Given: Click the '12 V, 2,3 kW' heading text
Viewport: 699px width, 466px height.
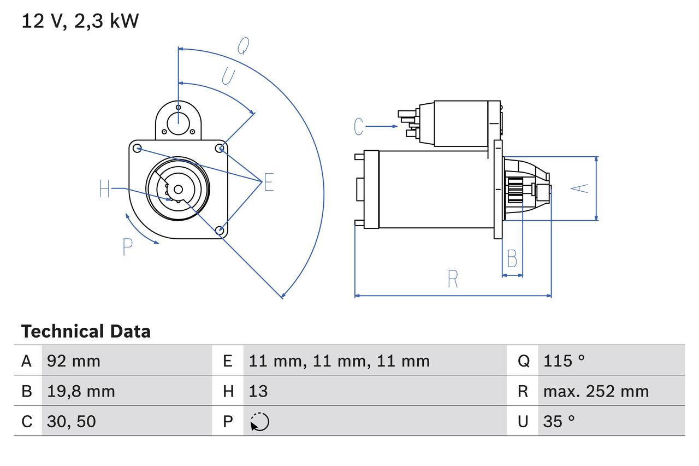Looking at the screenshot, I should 80,21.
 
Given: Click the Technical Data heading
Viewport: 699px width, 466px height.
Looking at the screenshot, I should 86,331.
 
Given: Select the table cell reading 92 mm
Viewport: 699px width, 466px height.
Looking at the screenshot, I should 74,361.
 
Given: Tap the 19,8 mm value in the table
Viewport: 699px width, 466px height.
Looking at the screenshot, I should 81,391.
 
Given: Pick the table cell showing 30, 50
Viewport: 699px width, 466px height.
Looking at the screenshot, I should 72,421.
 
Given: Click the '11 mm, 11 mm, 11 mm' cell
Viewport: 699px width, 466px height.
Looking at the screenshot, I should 339,361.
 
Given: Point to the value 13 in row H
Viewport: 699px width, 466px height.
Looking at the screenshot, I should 258,391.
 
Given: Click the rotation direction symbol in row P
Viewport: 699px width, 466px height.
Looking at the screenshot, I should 259,422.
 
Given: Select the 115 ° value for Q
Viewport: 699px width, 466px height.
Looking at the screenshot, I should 564,361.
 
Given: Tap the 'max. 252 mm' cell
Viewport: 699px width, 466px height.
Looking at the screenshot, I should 596,391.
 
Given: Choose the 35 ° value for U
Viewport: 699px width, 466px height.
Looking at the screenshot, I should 559,421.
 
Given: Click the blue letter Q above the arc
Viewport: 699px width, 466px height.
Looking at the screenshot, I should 244,47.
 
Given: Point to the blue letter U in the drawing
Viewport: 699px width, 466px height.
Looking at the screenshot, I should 228,76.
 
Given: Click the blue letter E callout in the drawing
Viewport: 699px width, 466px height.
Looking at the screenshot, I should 268,182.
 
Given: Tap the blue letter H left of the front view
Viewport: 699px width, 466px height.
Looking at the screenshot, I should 105,189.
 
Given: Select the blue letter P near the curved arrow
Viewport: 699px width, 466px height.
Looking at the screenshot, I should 127,247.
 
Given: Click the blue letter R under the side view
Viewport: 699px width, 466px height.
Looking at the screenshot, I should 453,279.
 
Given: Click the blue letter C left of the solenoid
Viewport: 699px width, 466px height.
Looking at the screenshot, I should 358,126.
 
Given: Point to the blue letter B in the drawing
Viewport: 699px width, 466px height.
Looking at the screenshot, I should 512,258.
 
